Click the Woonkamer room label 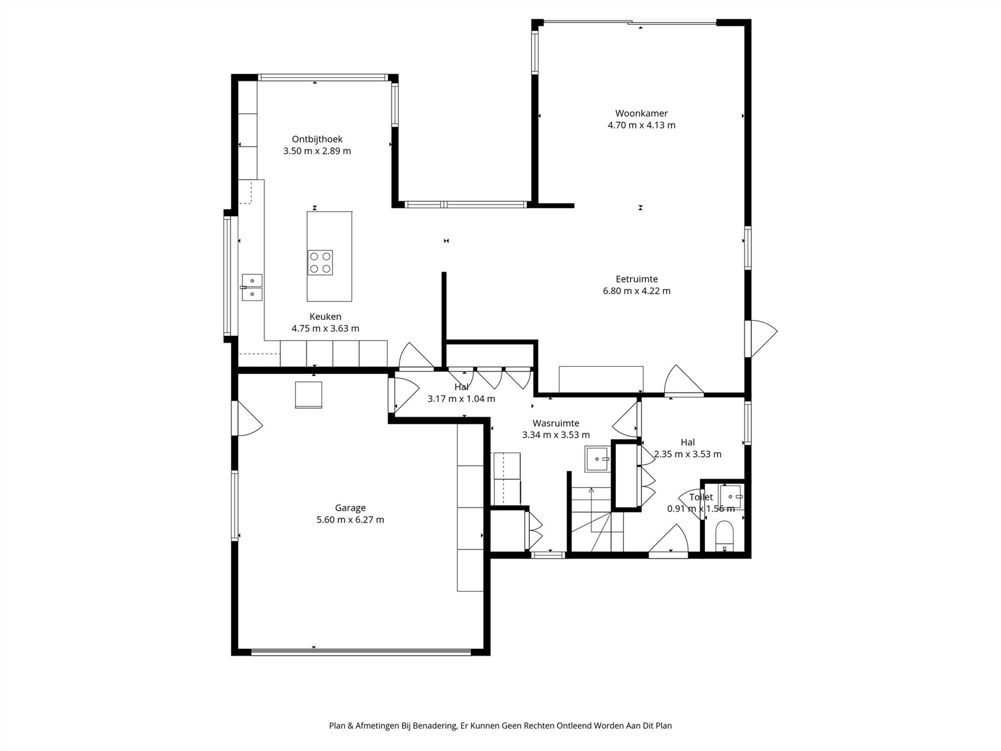641,114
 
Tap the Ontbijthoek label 317,139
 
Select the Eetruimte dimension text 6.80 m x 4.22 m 637,291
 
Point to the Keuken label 325,316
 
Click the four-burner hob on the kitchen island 320,262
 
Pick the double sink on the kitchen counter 252,287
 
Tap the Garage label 350,508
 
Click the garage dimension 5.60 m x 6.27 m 350,520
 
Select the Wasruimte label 556,424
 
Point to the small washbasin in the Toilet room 731,497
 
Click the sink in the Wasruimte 597,459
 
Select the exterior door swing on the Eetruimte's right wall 761,338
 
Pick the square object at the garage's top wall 308,395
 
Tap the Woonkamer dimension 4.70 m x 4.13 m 641,125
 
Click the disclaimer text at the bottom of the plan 500,725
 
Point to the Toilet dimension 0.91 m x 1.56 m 701,509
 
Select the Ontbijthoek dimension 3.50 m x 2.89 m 317,151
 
